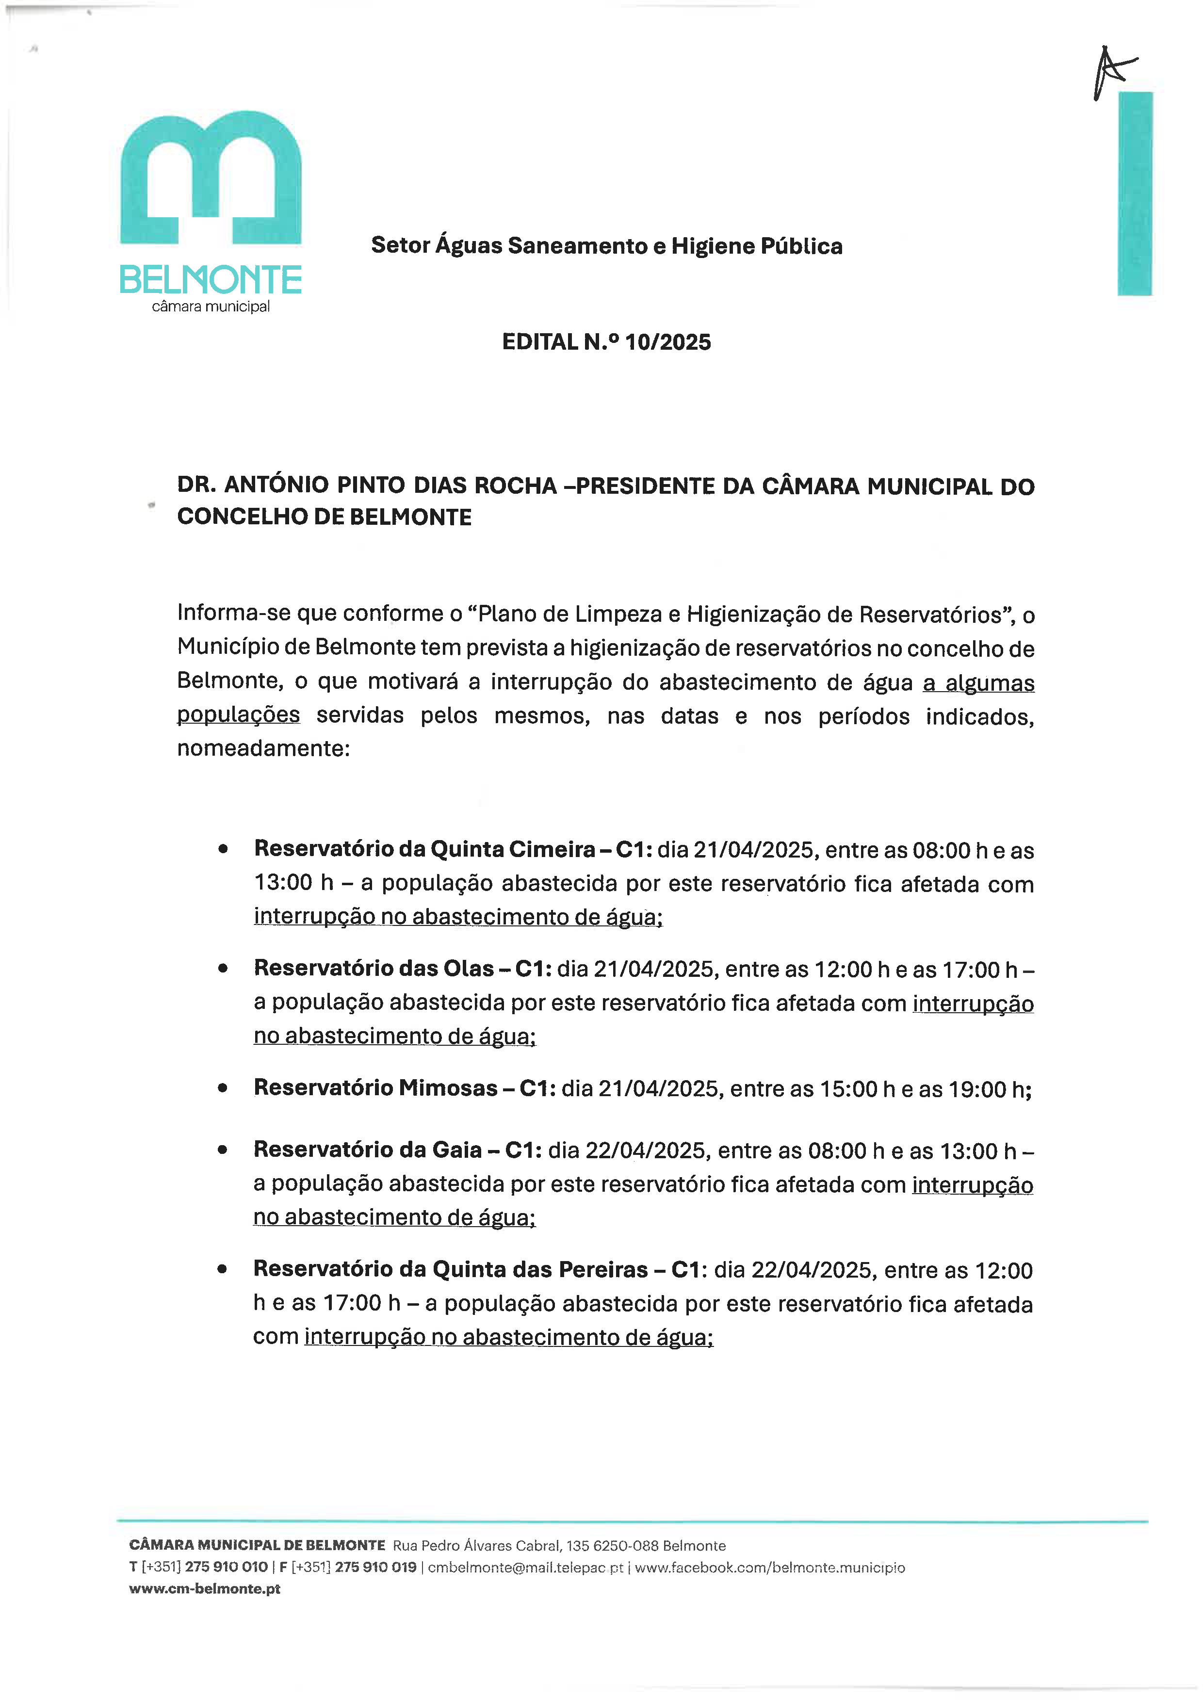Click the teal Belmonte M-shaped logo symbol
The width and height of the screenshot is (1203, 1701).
coord(211,178)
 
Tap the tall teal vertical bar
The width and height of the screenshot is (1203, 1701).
coord(1135,194)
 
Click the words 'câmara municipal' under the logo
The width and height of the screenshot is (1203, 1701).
coord(211,307)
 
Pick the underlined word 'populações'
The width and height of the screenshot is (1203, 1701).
coord(239,715)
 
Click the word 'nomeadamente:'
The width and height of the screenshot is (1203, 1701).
coord(263,748)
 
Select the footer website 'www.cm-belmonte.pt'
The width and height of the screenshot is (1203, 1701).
coord(204,1589)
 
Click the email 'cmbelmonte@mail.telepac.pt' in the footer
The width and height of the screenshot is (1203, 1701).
coord(525,1568)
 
